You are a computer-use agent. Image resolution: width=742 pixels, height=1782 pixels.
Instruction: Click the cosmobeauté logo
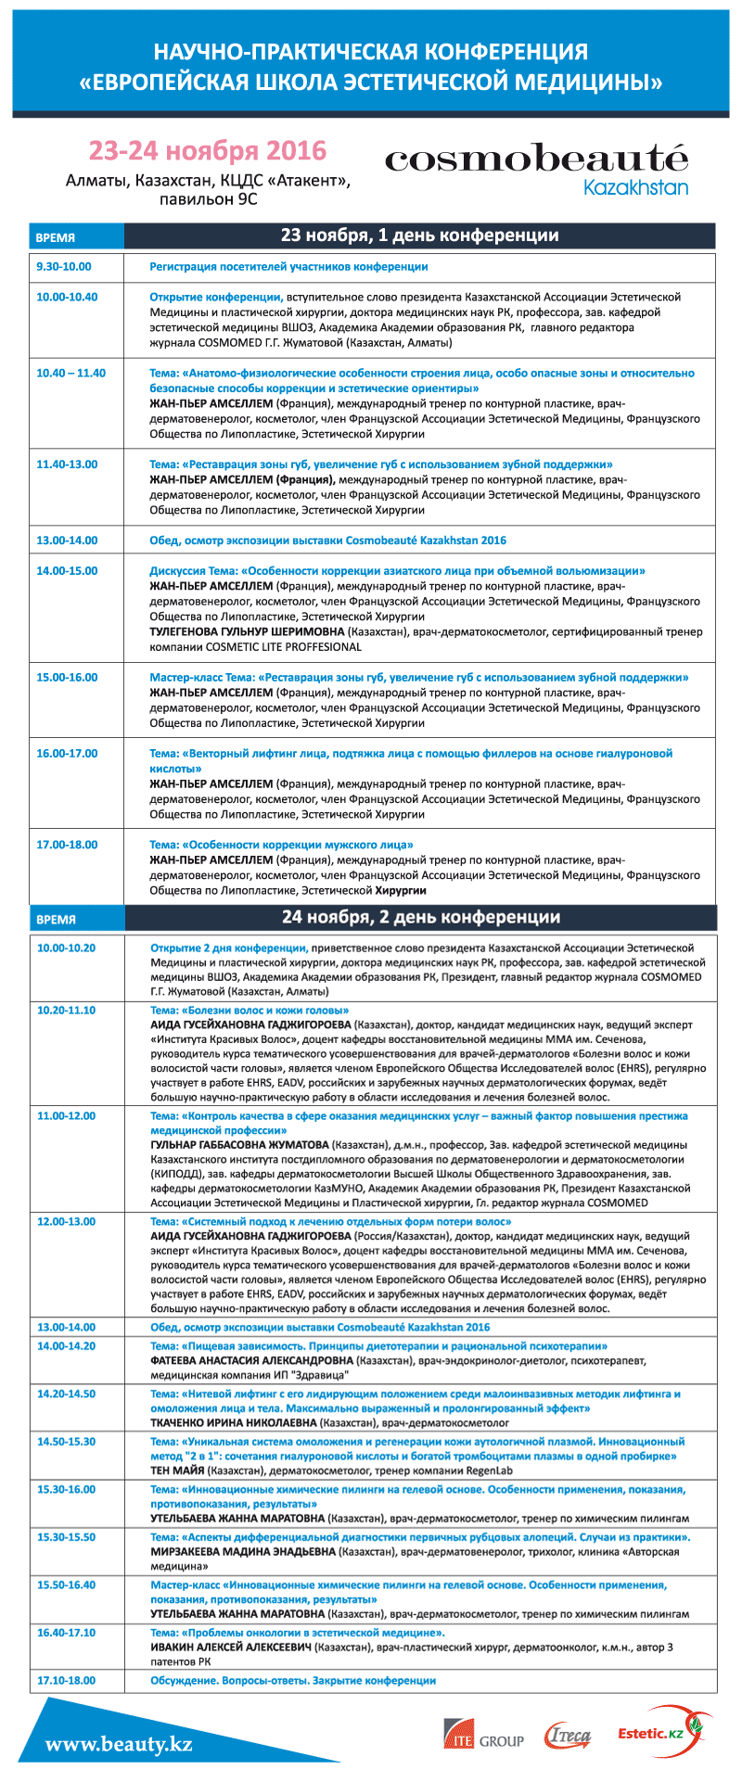pos(536,159)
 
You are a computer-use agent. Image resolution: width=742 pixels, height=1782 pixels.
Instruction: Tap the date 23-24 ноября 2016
pos(208,150)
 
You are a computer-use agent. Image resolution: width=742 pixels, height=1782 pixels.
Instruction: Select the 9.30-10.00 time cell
pos(64,267)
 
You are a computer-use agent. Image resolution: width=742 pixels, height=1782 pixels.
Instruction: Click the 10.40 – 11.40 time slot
pos(71,374)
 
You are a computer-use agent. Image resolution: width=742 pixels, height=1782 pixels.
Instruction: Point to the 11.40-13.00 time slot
pos(67,465)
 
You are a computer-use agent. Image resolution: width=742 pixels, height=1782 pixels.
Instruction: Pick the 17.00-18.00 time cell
pos(67,845)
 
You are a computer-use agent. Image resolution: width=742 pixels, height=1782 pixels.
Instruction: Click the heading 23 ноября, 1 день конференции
pos(419,235)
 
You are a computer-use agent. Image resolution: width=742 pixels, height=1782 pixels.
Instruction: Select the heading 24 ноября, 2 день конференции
pos(420,917)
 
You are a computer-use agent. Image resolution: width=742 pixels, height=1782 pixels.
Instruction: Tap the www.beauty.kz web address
pos(119,1744)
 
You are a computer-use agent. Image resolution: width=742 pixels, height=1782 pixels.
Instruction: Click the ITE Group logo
pos(483,1739)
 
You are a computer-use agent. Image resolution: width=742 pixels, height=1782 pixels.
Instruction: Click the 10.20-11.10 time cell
pos(66,1010)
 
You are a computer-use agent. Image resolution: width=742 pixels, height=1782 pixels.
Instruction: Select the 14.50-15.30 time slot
pos(66,1442)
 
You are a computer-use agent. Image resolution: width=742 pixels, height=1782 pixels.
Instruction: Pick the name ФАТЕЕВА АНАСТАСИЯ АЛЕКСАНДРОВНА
pos(252,1361)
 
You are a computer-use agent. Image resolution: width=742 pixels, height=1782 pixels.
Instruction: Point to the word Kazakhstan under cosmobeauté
pos(635,187)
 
